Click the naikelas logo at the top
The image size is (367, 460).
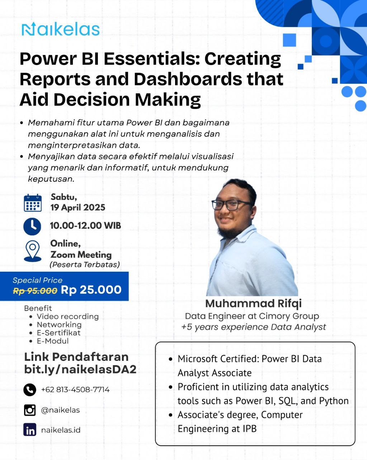pos(60,29)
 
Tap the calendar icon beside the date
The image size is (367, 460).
pos(33,203)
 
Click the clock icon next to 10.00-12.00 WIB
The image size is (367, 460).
pos(32,226)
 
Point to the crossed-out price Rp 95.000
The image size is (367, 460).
pos(35,290)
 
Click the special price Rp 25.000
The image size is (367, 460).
pos(91,290)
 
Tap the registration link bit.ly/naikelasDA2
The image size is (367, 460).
pos(80,369)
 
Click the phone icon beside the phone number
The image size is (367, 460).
pos(30,390)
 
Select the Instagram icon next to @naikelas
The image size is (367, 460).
pos(30,410)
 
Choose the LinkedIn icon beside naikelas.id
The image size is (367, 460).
pos(30,430)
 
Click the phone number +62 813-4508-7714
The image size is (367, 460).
pos(75,390)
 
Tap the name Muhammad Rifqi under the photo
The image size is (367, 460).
pos(253,303)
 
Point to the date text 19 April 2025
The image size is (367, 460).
pos(78,207)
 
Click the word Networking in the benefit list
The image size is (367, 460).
pos(59,325)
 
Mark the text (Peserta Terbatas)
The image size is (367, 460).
pos(85,265)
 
